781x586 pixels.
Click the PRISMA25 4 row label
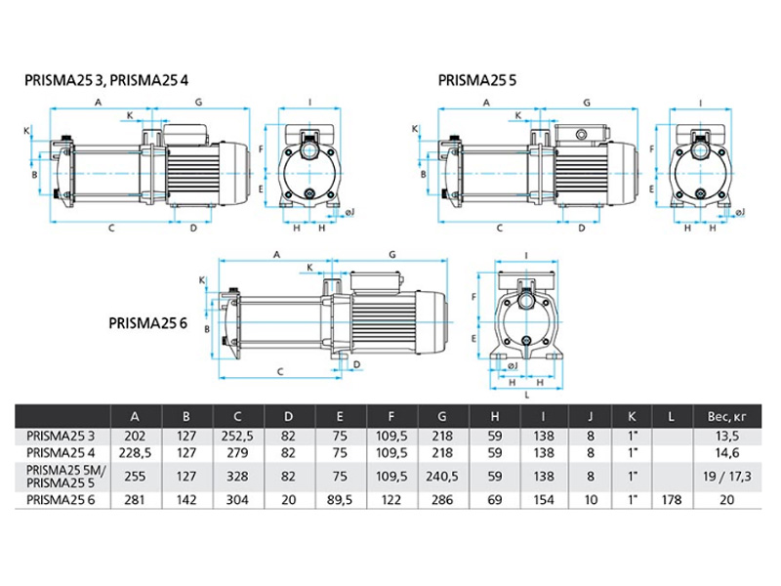pos(62,453)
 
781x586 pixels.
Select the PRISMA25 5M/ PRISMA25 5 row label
pos(62,478)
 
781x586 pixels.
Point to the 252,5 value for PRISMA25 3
pos(239,437)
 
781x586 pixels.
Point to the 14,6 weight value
pos(724,453)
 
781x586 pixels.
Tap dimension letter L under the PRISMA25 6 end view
pos(526,396)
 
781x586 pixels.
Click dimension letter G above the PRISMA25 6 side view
pos(390,254)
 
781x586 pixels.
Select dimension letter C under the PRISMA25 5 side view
pos(500,229)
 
